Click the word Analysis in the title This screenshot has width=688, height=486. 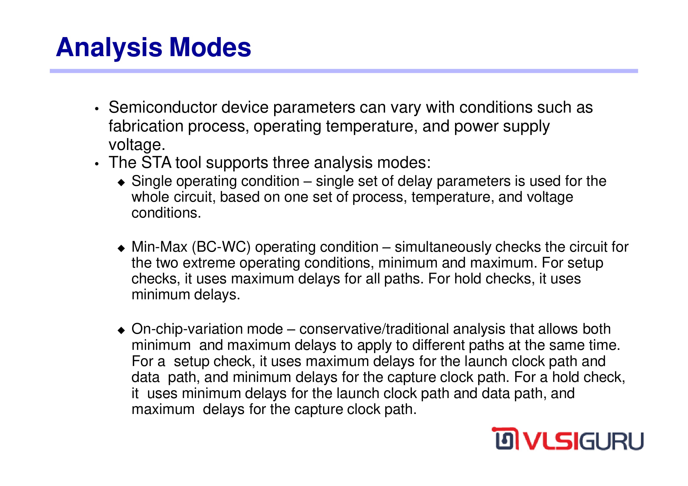click(x=109, y=48)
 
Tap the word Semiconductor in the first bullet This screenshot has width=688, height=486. click(x=163, y=107)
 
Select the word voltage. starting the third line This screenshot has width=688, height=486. click(x=137, y=145)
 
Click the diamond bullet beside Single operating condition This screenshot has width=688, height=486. click(x=121, y=183)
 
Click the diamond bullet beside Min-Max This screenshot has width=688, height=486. click(x=121, y=248)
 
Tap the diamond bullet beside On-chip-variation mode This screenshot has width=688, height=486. click(x=121, y=330)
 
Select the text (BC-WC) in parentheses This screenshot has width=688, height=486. click(x=221, y=247)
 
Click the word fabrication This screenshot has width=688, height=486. click(x=146, y=126)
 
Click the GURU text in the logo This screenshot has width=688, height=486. click(x=612, y=441)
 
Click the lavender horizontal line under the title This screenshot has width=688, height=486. click(x=344, y=71)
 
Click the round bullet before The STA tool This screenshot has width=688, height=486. click(x=96, y=164)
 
